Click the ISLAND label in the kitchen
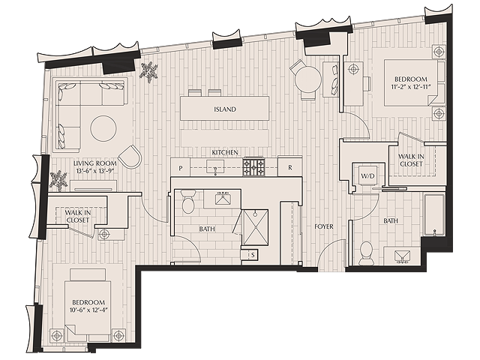click(225, 109)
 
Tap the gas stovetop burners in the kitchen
click(253, 167)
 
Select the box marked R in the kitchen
click(290, 166)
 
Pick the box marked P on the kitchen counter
click(181, 167)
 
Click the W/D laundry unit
click(367, 176)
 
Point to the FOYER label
click(324, 226)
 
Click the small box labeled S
click(253, 255)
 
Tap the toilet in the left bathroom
click(188, 202)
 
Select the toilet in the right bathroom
click(366, 253)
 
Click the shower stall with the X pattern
click(255, 227)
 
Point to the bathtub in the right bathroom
click(434, 214)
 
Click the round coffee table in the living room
click(103, 128)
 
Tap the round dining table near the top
click(308, 80)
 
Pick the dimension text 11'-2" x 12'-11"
click(411, 87)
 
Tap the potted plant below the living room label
click(58, 180)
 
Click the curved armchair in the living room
click(130, 157)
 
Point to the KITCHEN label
click(225, 152)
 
